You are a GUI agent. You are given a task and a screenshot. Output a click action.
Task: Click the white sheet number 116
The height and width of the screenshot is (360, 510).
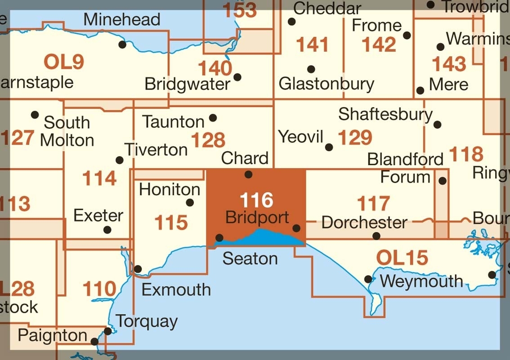(x=256, y=199)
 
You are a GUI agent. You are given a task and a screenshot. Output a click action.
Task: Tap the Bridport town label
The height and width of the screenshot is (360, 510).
(x=257, y=217)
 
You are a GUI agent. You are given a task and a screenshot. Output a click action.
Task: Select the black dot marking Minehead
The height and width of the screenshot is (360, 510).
(x=122, y=44)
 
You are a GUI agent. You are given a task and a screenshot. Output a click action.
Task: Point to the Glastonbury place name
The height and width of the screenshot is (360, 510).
(x=326, y=84)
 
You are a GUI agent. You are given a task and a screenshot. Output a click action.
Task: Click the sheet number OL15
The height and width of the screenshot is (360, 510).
(x=402, y=258)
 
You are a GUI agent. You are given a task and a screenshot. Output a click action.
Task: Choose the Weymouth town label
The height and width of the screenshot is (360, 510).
(x=421, y=281)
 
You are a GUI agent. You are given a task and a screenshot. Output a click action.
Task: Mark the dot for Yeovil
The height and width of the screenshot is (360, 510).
(x=329, y=147)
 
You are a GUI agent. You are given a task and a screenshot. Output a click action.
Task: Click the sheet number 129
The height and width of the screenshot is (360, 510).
(x=355, y=137)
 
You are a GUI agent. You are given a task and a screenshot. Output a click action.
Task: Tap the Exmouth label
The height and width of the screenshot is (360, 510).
(x=176, y=289)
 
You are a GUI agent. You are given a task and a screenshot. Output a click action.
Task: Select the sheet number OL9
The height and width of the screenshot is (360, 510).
(x=64, y=62)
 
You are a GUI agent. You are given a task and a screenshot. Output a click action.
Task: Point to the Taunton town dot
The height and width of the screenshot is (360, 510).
(x=213, y=118)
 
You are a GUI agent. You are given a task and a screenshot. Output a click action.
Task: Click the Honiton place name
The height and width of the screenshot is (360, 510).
(x=170, y=189)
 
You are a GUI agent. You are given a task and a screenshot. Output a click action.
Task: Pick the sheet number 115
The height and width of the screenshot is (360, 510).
(x=170, y=222)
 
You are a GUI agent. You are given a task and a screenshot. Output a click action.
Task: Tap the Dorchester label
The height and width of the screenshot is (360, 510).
(x=364, y=222)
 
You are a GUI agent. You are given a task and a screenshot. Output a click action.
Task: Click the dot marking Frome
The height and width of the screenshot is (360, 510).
(x=407, y=35)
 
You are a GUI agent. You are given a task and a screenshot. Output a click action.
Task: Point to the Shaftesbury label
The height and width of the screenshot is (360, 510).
(x=385, y=114)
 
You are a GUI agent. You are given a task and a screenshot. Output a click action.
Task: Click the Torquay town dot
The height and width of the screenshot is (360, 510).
(x=108, y=331)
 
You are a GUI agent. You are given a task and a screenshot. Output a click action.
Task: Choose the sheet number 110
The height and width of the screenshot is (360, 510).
(x=99, y=289)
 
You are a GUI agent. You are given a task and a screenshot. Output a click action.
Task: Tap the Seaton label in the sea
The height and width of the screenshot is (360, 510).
(x=250, y=258)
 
